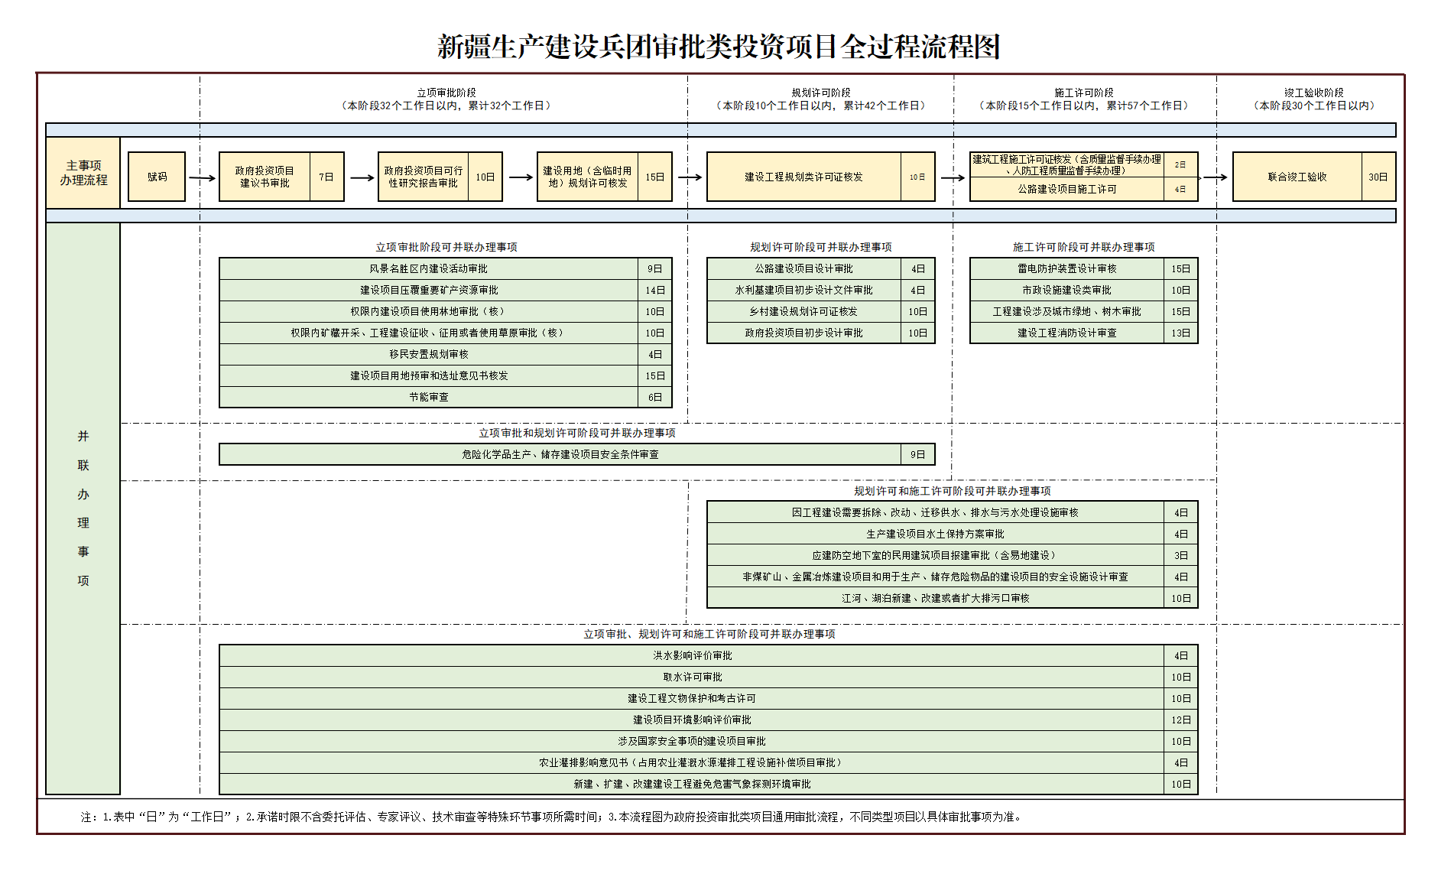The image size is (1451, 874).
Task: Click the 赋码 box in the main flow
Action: coord(157,177)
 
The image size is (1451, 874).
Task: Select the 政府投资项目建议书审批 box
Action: coord(265,177)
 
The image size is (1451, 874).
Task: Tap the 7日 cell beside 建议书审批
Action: coord(326,177)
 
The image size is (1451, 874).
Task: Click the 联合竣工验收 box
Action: coord(1297,177)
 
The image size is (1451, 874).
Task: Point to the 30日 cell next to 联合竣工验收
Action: coord(1378,177)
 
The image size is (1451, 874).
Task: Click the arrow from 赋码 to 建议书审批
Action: coord(202,177)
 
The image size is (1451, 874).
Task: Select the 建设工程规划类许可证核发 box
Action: coord(803,177)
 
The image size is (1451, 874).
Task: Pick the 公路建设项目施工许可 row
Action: coord(1066,189)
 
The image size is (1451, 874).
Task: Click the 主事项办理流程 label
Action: coord(83,173)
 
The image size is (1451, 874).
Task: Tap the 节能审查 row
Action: coord(429,397)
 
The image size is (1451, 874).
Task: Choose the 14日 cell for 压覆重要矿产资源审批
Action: coord(654,290)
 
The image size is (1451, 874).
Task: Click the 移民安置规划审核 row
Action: coord(429,354)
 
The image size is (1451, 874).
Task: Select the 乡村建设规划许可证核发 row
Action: coord(803,311)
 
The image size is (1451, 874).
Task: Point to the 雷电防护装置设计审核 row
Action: coord(1066,268)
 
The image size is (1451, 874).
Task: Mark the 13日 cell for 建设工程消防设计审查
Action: coord(1180,333)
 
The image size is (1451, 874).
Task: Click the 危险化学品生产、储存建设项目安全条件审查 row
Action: coord(560,454)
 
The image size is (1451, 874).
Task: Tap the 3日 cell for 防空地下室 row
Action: coord(1180,555)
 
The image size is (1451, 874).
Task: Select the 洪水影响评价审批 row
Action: coord(692,655)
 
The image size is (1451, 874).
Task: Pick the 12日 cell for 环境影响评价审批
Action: coord(1180,720)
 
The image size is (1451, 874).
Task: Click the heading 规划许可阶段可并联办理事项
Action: coord(820,247)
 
